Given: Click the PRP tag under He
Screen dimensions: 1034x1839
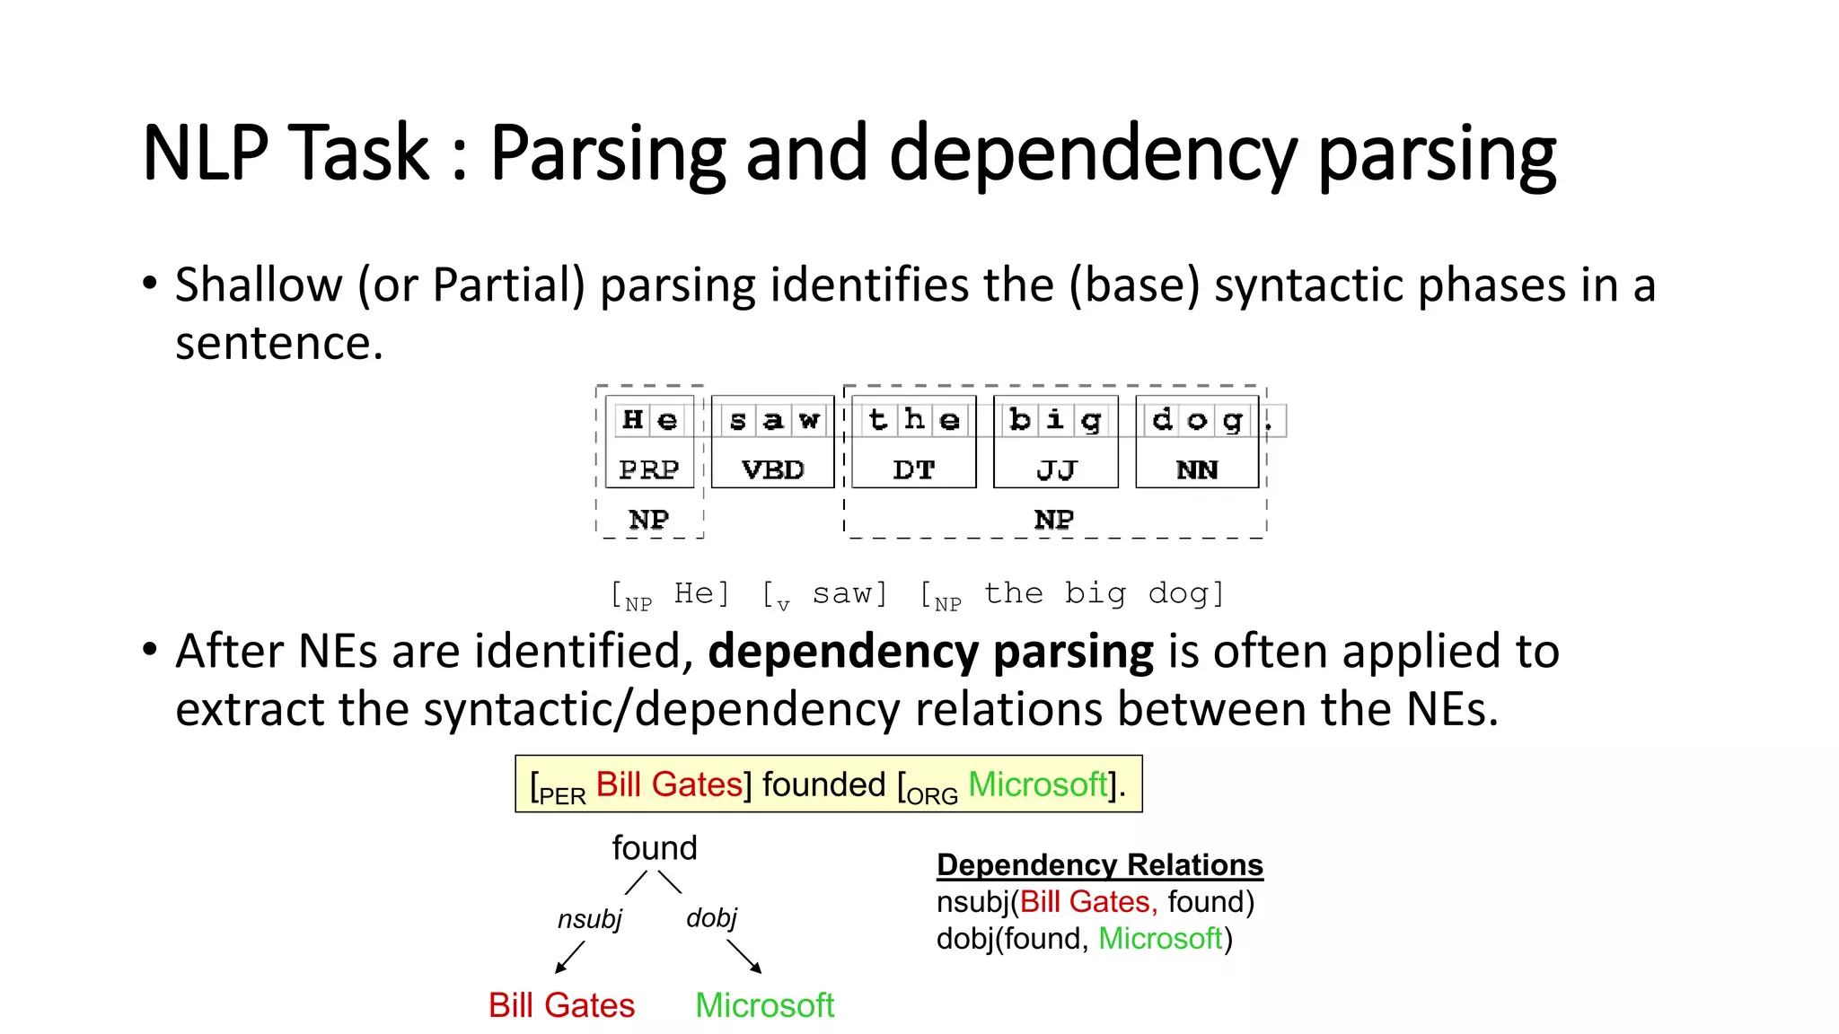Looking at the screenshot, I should point(649,469).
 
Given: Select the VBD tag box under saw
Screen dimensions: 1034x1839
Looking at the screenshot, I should point(773,469).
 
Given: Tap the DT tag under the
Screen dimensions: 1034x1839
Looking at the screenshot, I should point(914,469).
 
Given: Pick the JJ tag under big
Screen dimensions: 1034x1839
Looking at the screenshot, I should point(1056,469).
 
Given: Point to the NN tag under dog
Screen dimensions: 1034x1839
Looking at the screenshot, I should point(1197,469).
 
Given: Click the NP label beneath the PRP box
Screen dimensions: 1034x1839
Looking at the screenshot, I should point(649,519).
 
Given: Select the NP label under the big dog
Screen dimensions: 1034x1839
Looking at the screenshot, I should point(1054,519).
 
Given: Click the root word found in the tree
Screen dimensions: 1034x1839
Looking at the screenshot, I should point(655,848).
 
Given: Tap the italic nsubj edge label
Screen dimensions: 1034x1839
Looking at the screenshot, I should point(590,919).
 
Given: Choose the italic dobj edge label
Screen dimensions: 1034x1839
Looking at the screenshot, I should point(711,917).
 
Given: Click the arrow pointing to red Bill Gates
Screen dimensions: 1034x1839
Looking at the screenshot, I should point(569,958).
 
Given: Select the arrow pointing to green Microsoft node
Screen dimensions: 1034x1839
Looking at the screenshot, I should point(744,957).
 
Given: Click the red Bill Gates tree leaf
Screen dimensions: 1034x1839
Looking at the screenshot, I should point(561,1005).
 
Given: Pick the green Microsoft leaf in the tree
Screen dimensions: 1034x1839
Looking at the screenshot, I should point(765,1005).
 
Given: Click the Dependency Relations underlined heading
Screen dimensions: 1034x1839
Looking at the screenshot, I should point(1100,864).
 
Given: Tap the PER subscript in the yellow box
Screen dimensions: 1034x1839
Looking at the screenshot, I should point(562,796).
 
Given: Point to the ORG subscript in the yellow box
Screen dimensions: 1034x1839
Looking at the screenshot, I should point(933,796).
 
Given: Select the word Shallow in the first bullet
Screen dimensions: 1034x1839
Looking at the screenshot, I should point(259,285).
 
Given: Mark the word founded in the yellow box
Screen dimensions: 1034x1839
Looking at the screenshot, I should point(823,784).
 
